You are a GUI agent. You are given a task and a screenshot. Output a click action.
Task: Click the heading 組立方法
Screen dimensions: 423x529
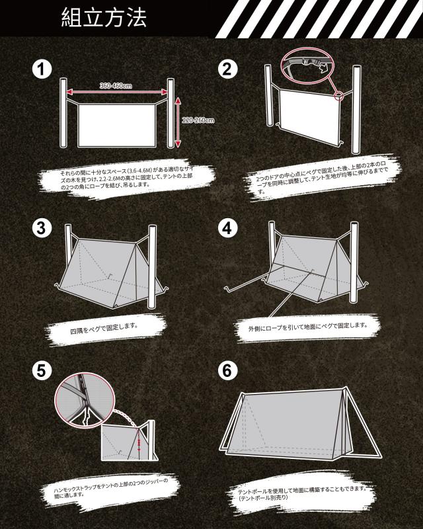pos(104,18)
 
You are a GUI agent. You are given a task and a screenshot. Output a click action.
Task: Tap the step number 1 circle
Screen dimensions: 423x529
pos(42,69)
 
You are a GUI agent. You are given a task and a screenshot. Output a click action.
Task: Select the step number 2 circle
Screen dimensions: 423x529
pos(227,69)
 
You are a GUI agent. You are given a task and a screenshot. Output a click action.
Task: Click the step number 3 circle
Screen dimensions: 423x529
pos(41,227)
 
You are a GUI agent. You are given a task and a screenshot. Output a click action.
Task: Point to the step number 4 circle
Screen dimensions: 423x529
pos(227,227)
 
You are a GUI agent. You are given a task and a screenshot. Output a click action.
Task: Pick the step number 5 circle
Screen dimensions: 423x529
pos(41,370)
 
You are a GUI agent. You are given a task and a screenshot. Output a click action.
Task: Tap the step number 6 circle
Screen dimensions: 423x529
pos(227,370)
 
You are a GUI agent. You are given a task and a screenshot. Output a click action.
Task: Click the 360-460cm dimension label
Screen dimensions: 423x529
pos(116,86)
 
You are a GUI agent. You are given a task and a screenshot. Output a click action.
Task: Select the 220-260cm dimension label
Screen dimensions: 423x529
pos(198,120)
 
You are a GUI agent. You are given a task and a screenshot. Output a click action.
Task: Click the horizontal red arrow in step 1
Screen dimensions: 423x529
pos(117,92)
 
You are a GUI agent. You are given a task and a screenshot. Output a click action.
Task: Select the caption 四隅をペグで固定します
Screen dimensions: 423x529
pos(104,328)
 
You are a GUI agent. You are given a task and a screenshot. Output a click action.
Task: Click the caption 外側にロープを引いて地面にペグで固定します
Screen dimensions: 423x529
pos(307,327)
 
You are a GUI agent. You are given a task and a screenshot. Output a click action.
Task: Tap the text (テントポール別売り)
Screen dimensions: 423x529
pos(263,498)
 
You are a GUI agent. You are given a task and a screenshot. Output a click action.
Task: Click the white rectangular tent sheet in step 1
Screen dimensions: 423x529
pos(117,126)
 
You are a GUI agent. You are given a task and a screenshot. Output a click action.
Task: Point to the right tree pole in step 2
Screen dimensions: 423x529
pos(356,110)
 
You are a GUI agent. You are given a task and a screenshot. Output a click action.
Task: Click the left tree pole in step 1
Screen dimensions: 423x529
pos(63,112)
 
